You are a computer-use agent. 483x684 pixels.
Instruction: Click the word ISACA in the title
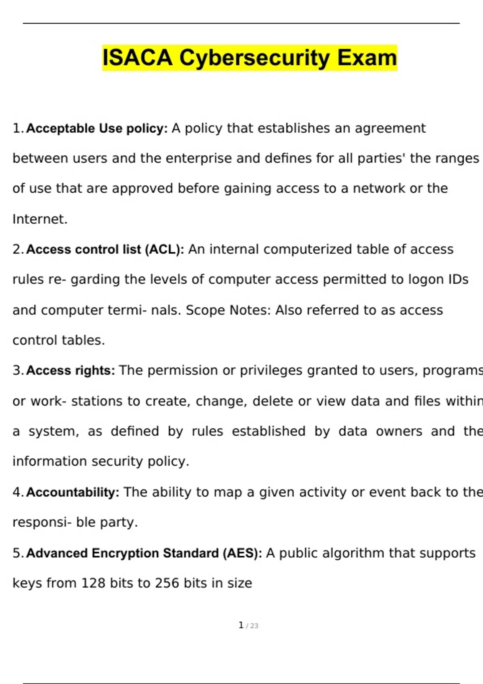tap(137, 58)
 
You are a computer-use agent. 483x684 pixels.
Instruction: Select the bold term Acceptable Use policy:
tap(97, 128)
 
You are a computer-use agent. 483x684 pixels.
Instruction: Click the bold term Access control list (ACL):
tap(105, 249)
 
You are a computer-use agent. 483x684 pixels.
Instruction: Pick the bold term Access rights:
tap(70, 370)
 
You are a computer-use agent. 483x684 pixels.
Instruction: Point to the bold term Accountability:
tap(72, 492)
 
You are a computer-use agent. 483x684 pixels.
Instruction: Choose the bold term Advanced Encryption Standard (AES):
tap(144, 553)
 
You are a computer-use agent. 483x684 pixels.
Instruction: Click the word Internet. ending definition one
tap(40, 219)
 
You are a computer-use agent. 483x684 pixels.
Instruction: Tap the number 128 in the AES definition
tap(93, 583)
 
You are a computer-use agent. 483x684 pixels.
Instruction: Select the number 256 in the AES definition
tap(167, 583)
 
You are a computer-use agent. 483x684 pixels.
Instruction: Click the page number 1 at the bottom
tap(241, 625)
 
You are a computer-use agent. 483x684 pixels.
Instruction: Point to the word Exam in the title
tap(367, 58)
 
